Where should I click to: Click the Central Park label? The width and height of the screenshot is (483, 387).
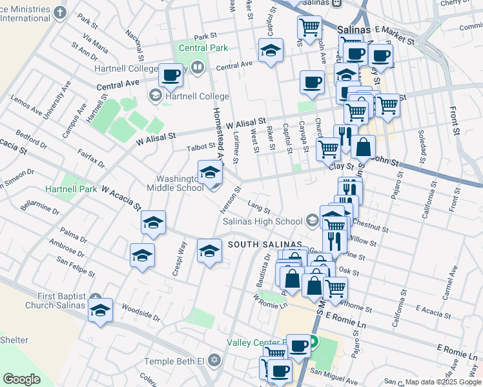pyautogui.click(x=203, y=48)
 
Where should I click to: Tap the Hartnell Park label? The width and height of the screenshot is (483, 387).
pyautogui.click(x=70, y=189)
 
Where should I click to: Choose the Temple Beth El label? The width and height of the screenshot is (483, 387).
pyautogui.click(x=173, y=360)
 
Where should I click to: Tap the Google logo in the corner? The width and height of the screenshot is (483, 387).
pyautogui.click(x=21, y=379)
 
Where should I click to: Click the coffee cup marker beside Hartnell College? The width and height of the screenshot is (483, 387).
pyautogui.click(x=171, y=75)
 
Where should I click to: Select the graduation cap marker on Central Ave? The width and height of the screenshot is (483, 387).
pyautogui.click(x=271, y=50)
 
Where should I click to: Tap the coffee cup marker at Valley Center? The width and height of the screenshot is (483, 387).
pyautogui.click(x=298, y=345)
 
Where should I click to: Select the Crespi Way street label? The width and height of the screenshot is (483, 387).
pyautogui.click(x=179, y=259)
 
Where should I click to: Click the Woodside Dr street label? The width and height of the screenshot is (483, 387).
pyautogui.click(x=140, y=315)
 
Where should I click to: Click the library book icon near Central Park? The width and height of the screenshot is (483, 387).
pyautogui.click(x=198, y=66)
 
